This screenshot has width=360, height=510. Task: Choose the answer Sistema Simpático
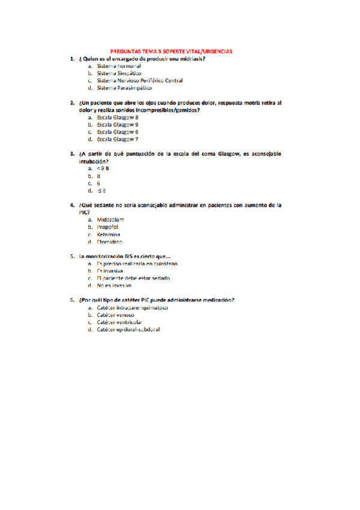119,73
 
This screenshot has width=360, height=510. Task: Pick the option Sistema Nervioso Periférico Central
139,81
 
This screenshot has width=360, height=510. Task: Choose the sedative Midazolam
110,220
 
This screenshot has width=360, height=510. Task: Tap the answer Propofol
108,227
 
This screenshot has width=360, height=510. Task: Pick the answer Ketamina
108,234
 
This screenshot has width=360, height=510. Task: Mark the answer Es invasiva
110,271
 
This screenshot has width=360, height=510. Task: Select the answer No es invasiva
114,286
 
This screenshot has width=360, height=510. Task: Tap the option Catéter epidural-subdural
128,330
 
